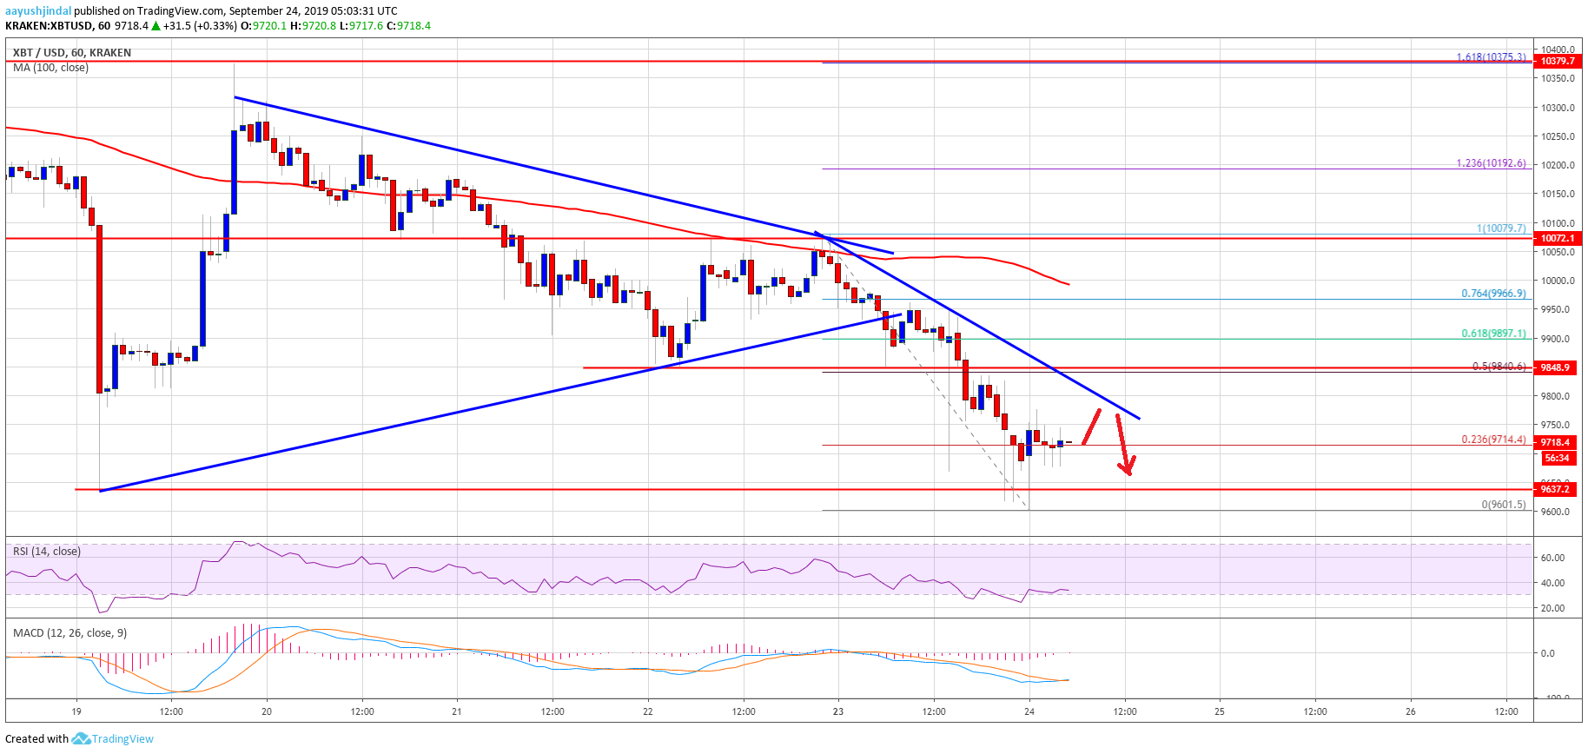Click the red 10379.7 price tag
pyautogui.click(x=1556, y=62)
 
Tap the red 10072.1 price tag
pyautogui.click(x=1556, y=238)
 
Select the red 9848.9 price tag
pyautogui.click(x=1556, y=367)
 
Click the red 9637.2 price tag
pyautogui.click(x=1556, y=489)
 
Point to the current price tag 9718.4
pyautogui.click(x=1556, y=442)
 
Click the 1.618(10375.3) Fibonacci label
pyautogui.click(x=1491, y=57)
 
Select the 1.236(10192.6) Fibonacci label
pyautogui.click(x=1491, y=163)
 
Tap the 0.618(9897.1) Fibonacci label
pyautogui.click(x=1493, y=334)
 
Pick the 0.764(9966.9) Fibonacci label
pyautogui.click(x=1493, y=294)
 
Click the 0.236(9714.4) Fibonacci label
pyautogui.click(x=1493, y=440)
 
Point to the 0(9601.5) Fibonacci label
pyautogui.click(x=1503, y=505)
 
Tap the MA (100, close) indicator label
pyautogui.click(x=50, y=68)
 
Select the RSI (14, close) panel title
pyautogui.click(x=47, y=552)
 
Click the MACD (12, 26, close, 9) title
pyautogui.click(x=69, y=633)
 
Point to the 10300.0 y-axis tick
pyautogui.click(x=1558, y=108)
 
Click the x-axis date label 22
pyautogui.click(x=648, y=711)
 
